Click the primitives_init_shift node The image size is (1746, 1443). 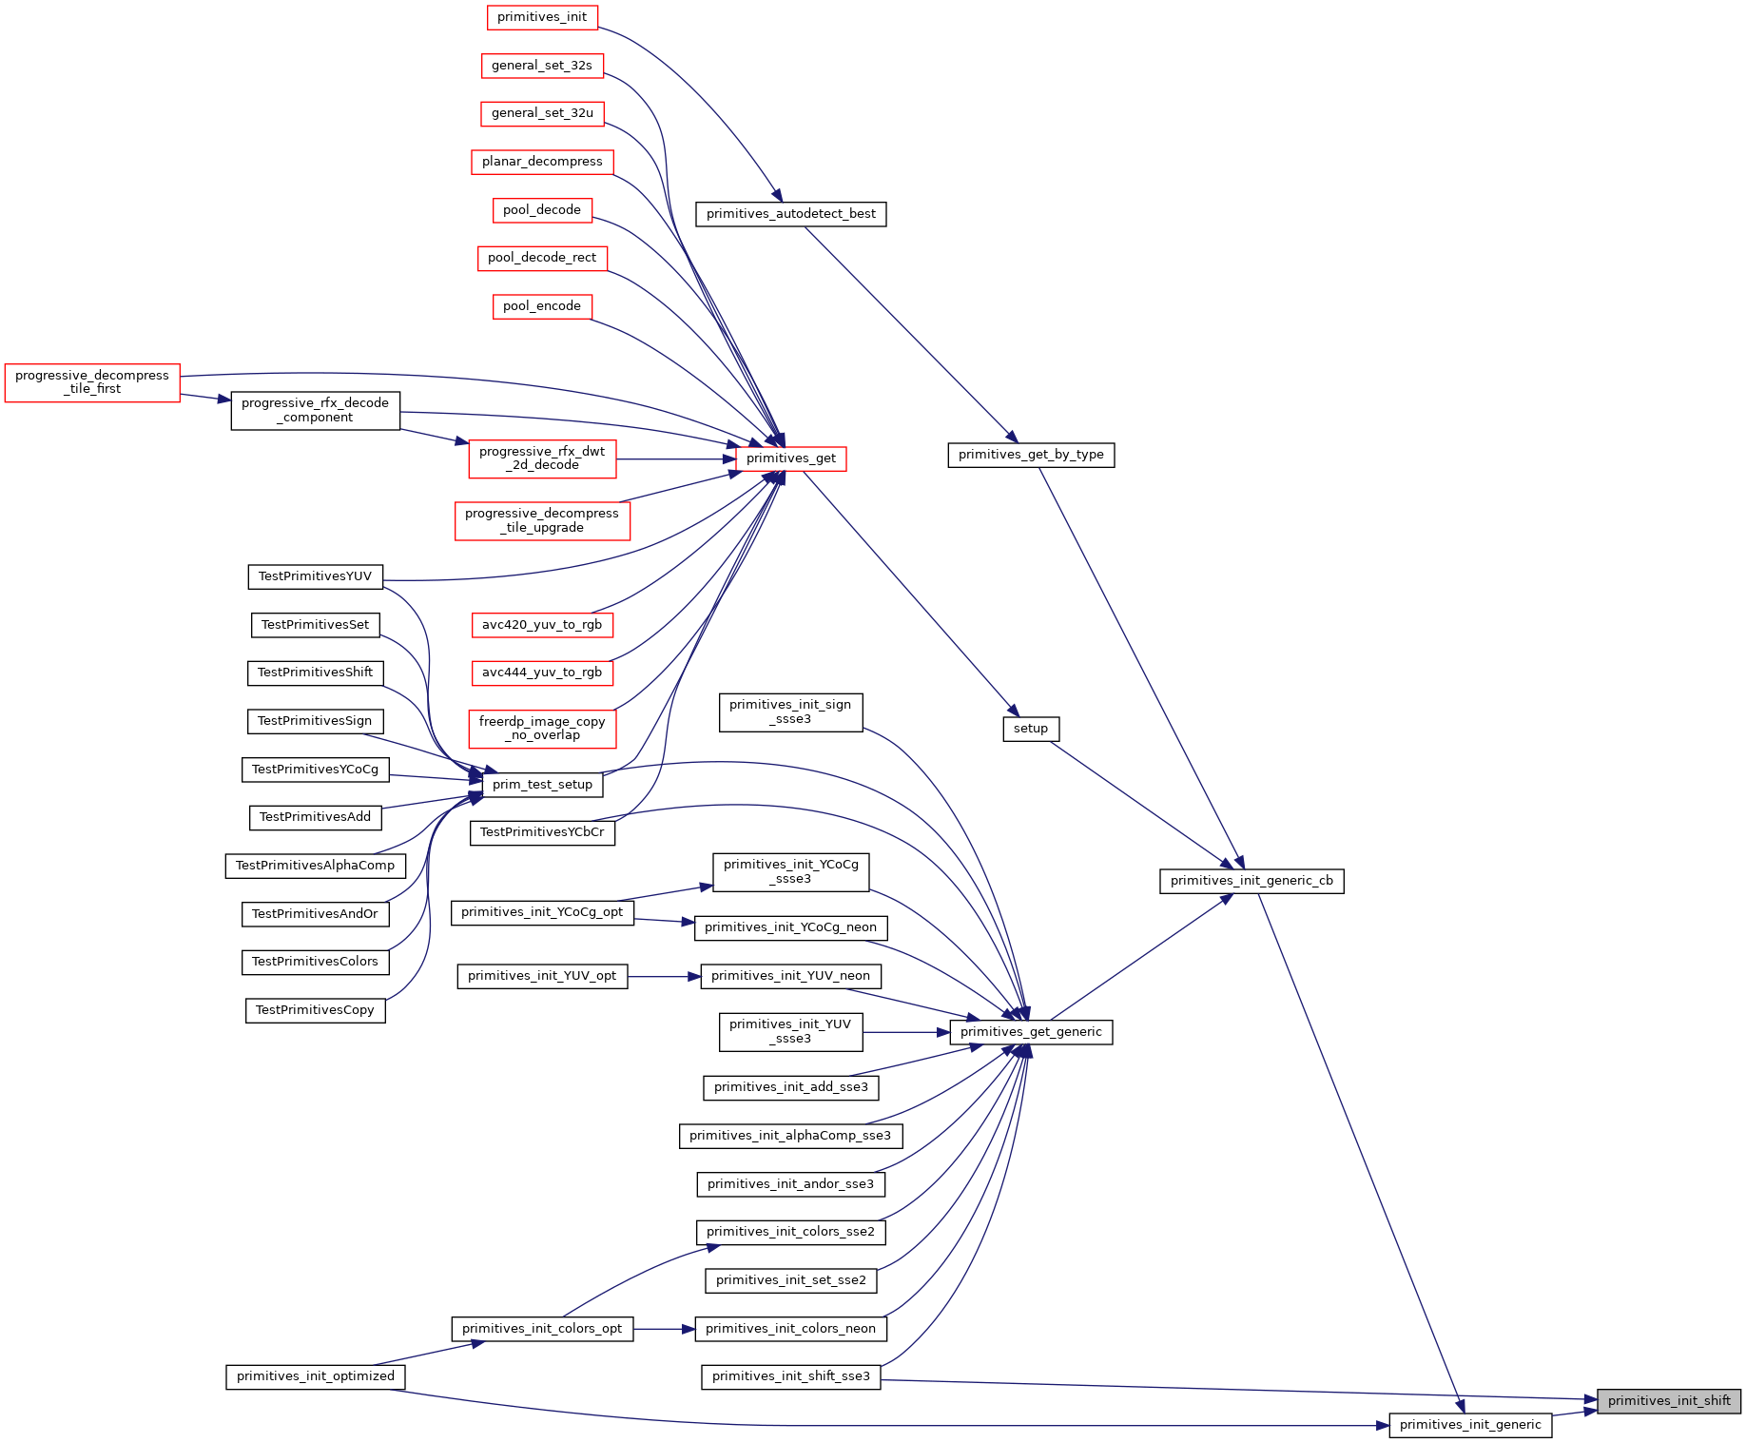pyautogui.click(x=1669, y=1401)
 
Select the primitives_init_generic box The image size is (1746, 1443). pyautogui.click(x=1470, y=1425)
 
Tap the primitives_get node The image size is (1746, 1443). pyautogui.click(x=791, y=458)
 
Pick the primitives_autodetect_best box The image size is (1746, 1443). pyautogui.click(x=791, y=214)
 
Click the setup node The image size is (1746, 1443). pyautogui.click(x=1031, y=729)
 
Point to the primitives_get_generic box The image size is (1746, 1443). pyautogui.click(x=1031, y=1032)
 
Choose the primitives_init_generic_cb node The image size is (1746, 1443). pyautogui.click(x=1251, y=881)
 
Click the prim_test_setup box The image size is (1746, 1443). pyautogui.click(x=542, y=785)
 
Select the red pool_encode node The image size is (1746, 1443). pyautogui.click(x=542, y=306)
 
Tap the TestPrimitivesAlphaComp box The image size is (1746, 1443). pyautogui.click(x=315, y=866)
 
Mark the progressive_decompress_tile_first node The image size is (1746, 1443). pyautogui.click(x=92, y=382)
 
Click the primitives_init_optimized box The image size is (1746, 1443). pyautogui.click(x=316, y=1376)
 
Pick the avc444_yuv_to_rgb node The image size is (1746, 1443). pyautogui.click(x=542, y=673)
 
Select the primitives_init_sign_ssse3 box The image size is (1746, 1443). pyautogui.click(x=790, y=712)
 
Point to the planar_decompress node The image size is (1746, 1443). pyautogui.click(x=542, y=162)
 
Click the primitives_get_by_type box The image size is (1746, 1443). pyautogui.click(x=1031, y=455)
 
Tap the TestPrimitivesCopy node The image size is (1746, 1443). pyautogui.click(x=315, y=1010)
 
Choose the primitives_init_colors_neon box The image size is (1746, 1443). pyautogui.click(x=790, y=1329)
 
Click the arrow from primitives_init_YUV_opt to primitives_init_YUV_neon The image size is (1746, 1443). pyautogui.click(x=664, y=976)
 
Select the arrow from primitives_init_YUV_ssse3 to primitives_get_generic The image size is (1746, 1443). pyautogui.click(x=906, y=1032)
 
